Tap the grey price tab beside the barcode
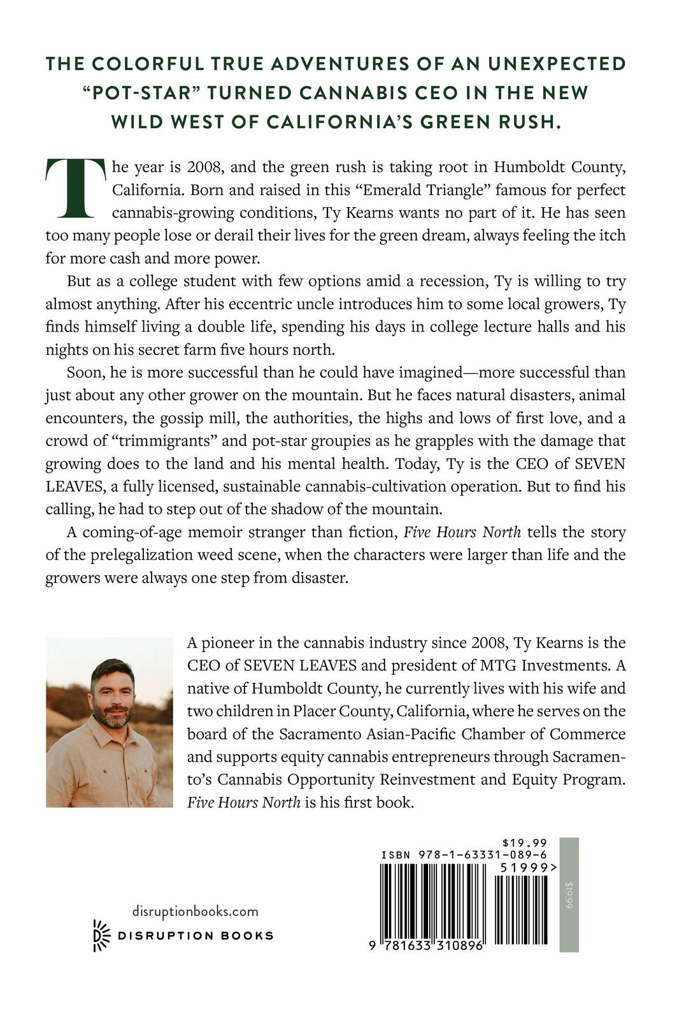click(569, 895)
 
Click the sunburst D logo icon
click(102, 935)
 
